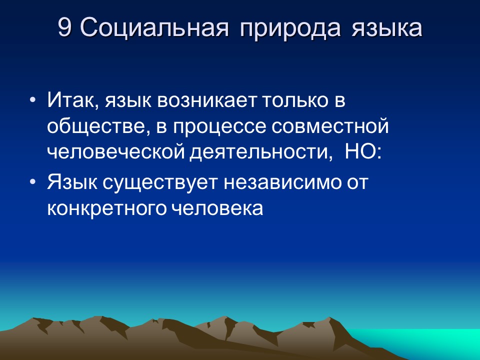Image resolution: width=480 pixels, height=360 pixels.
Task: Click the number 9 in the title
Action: [64, 28]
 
